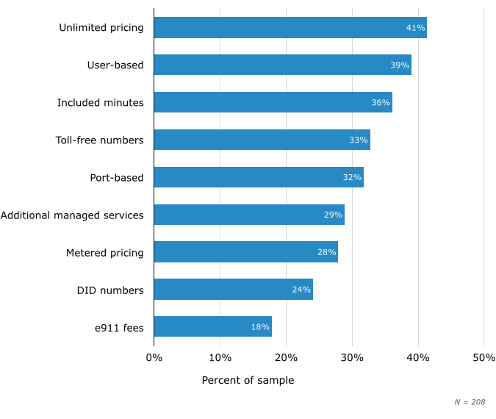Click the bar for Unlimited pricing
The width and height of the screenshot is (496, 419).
[290, 28]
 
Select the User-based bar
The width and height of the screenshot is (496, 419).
[283, 65]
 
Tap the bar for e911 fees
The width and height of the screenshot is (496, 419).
[213, 327]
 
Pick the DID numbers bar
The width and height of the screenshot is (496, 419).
[234, 290]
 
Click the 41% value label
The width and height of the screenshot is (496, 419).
[415, 28]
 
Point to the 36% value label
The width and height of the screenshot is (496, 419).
[381, 103]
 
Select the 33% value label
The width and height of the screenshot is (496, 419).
[358, 140]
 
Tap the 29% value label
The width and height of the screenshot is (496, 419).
[333, 215]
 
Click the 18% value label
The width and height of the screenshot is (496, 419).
[260, 327]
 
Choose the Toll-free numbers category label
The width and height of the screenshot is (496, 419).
[100, 140]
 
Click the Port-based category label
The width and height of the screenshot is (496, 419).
[117, 178]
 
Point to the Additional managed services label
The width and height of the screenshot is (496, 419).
[72, 215]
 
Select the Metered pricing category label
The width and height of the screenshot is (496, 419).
[105, 253]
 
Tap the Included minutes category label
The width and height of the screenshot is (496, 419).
[101, 103]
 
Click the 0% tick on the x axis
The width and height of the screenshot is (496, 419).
[154, 358]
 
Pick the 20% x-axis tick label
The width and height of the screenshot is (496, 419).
[286, 358]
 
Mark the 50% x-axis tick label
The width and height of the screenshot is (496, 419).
[484, 358]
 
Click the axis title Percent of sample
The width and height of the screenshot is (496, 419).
[248, 381]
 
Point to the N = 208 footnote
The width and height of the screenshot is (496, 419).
[470, 402]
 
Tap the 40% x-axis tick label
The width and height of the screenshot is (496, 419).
[418, 358]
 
